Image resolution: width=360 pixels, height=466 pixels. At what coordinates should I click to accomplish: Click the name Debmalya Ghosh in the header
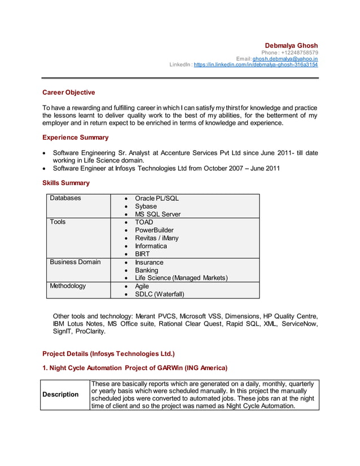291,45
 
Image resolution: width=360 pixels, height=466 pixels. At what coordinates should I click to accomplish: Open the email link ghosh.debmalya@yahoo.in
285,59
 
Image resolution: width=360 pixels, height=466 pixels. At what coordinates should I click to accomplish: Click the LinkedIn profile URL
256,65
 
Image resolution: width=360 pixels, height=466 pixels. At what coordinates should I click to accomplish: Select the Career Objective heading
69,93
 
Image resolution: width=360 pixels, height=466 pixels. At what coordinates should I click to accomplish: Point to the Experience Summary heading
76,138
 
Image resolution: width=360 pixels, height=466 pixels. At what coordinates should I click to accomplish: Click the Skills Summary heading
66,183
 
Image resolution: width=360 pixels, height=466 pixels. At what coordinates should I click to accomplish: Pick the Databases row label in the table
65,198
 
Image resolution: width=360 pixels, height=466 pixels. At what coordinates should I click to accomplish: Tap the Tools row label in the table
58,222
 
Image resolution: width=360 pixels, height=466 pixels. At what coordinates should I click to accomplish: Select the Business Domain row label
75,262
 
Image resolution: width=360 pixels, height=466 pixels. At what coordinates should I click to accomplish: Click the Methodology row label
68,286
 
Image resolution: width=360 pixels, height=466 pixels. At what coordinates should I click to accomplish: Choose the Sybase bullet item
146,206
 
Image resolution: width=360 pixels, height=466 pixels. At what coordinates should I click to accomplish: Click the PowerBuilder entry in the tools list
154,230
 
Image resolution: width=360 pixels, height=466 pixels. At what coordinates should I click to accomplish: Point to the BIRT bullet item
142,254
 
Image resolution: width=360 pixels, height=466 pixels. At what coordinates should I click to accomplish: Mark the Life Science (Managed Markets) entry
181,278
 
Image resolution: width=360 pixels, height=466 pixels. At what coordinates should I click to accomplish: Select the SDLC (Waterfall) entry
159,294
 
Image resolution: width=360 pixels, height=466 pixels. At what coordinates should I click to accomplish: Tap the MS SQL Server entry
157,214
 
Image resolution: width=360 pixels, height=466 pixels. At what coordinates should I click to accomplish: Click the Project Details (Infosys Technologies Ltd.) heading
108,354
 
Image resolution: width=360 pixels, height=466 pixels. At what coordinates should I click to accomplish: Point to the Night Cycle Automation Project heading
135,368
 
